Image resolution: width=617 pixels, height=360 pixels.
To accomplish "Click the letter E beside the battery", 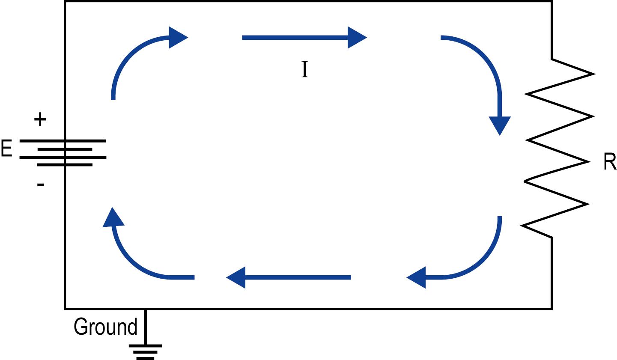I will coord(6,149).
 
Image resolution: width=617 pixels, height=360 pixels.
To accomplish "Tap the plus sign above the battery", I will coord(40,119).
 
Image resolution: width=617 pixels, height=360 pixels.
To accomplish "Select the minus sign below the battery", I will coord(41,185).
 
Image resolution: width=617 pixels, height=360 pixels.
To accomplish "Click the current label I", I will coord(305,70).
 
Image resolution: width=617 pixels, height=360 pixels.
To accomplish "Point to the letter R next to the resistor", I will coord(609,163).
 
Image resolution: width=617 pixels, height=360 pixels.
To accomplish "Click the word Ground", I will coord(105,327).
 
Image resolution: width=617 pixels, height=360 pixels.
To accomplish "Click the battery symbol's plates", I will coord(64,153).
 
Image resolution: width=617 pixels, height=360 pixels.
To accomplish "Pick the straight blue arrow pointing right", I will coord(304,38).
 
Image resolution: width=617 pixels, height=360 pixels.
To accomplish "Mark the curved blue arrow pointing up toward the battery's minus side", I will coord(133,261).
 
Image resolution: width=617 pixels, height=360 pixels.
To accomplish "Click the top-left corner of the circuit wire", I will coord(65,1).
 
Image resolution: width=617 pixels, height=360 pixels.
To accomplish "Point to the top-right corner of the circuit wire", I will coord(551,1).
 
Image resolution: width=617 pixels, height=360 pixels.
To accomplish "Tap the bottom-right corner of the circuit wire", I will coord(551,308).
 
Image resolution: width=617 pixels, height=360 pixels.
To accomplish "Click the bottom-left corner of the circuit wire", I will coord(65,308).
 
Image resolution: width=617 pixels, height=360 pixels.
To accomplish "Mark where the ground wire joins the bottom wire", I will coord(146,309).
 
